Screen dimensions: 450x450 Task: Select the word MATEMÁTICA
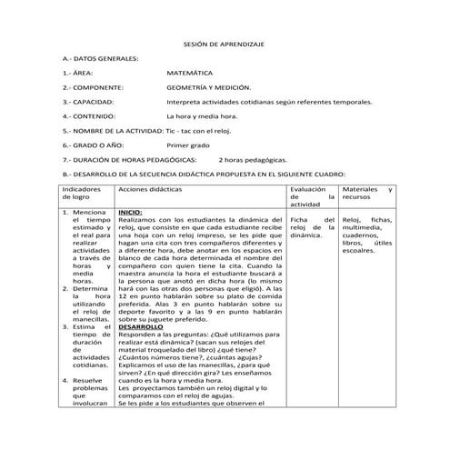tap(190, 73)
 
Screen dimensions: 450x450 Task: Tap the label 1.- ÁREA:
tap(77, 73)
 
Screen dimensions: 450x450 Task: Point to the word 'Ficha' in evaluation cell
tap(298, 220)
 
